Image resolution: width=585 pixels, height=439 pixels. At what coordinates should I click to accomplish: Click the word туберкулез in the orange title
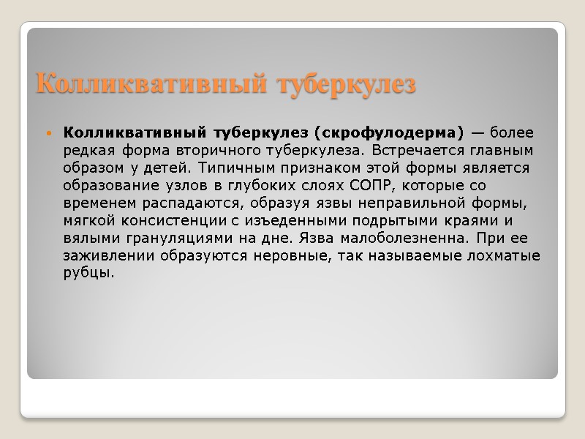point(346,85)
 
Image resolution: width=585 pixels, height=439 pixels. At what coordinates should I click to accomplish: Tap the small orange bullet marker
point(49,134)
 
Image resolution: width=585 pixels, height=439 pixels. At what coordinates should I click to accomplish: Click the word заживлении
point(106,255)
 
